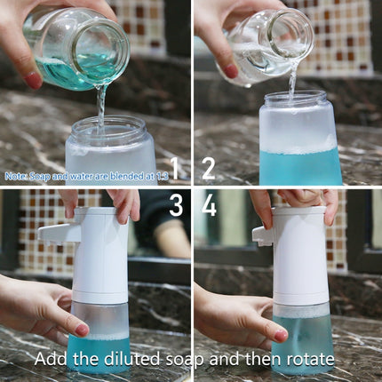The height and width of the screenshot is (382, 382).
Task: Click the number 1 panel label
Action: [x=174, y=167]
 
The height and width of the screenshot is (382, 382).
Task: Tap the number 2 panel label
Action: [x=209, y=167]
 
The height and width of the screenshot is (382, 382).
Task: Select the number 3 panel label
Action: [x=175, y=206]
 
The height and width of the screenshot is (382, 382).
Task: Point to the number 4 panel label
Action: [x=209, y=206]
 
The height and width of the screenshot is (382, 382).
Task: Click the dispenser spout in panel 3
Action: [x=52, y=233]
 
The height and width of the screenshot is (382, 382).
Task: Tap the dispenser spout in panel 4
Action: [x=262, y=235]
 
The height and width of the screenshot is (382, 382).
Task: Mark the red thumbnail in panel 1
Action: [x=33, y=79]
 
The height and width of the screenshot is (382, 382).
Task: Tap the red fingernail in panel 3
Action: [x=81, y=329]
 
